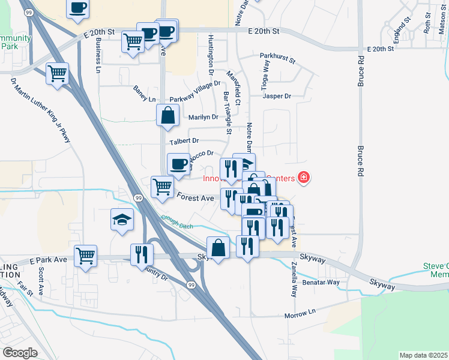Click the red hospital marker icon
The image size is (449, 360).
coord(303,178)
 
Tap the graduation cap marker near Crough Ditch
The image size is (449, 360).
coord(122,220)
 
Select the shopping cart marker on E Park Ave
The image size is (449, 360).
coord(86,256)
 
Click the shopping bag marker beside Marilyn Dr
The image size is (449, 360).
coord(168,115)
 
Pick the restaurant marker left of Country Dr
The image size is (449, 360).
coord(142,254)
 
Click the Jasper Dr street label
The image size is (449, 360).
coord(277,96)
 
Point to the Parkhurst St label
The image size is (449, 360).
coord(278,59)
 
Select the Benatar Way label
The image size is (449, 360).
coord(321,282)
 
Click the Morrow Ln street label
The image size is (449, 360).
coord(300,313)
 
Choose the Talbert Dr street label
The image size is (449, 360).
coord(184,142)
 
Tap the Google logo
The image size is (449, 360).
coord(20,352)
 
